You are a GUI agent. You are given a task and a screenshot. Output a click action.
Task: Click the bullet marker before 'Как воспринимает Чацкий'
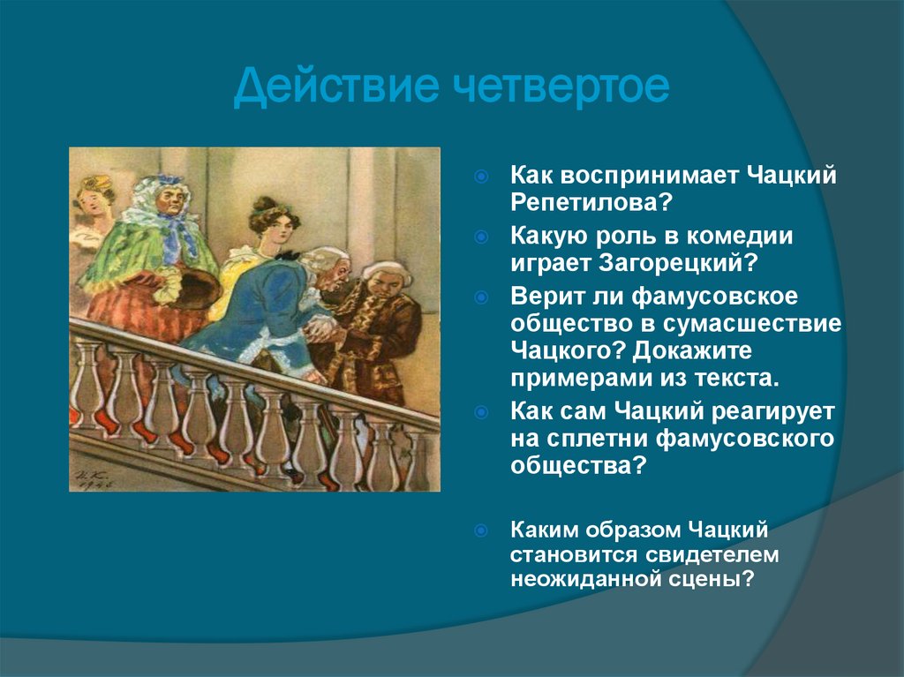(x=481, y=177)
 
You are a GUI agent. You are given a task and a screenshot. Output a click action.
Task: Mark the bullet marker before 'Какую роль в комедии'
(x=481, y=236)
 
